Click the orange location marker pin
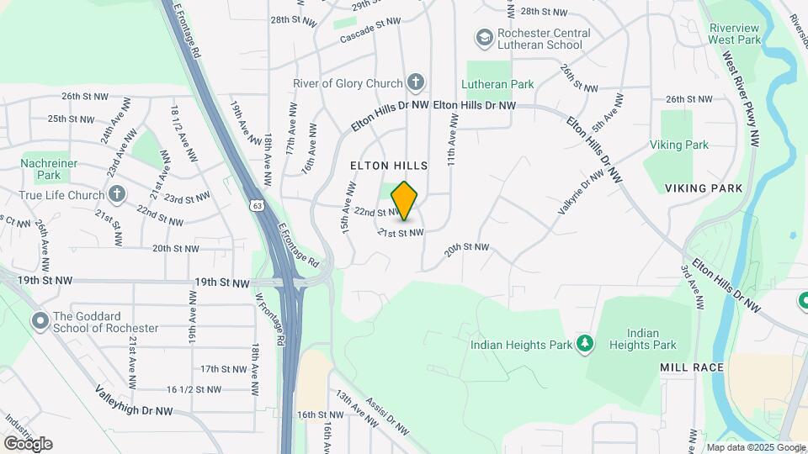click(x=405, y=201)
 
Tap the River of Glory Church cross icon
click(x=414, y=82)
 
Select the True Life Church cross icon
click(x=117, y=194)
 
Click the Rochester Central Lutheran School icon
click(x=484, y=38)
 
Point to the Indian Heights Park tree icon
click(x=585, y=344)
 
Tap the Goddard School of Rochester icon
click(x=40, y=321)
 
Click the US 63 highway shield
click(x=257, y=204)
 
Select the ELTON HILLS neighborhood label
click(x=389, y=166)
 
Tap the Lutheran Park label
click(x=497, y=85)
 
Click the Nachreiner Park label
click(x=49, y=169)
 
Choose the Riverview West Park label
click(x=734, y=34)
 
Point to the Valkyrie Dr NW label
click(x=582, y=191)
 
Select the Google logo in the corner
click(x=27, y=443)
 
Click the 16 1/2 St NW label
click(x=194, y=389)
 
